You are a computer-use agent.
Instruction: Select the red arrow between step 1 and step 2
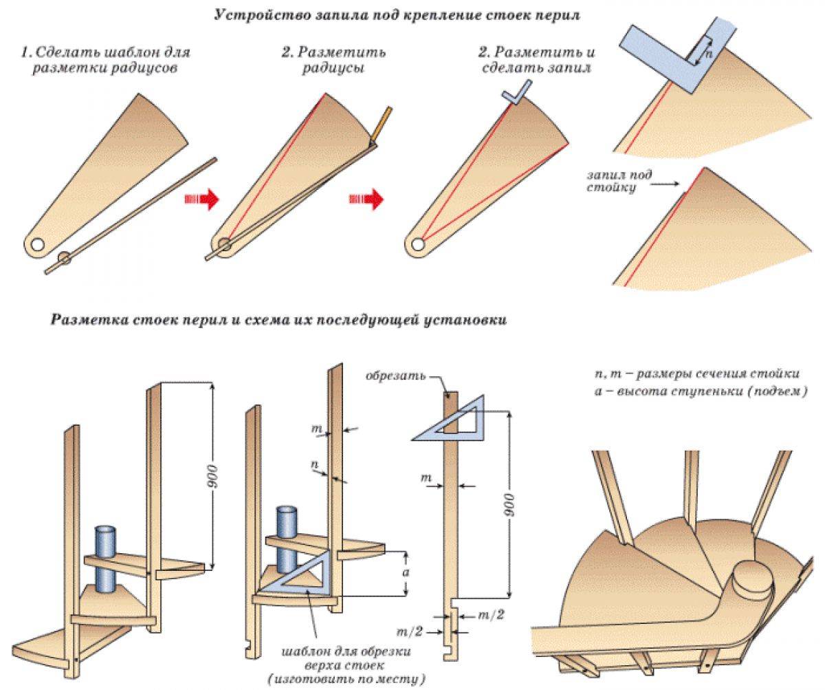pyautogui.click(x=201, y=200)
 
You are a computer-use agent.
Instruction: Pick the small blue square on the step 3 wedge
pyautogui.click(x=516, y=92)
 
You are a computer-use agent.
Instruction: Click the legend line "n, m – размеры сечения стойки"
pyautogui.click(x=697, y=375)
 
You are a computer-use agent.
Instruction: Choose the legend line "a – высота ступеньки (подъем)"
pyautogui.click(x=701, y=391)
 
